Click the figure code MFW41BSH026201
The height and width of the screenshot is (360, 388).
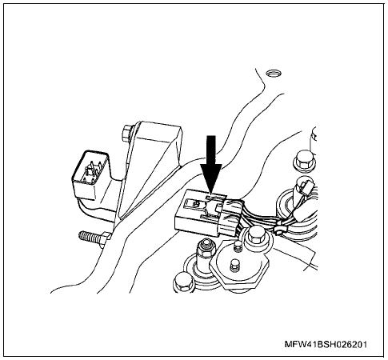326,344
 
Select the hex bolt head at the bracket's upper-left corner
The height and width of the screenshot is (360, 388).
127,133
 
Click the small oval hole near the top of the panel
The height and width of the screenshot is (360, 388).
274,73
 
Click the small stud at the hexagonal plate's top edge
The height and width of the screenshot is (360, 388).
237,246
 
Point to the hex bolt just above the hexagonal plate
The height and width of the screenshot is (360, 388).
255,235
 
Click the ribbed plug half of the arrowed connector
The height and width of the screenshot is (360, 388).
230,216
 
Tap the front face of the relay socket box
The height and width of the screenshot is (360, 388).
83,190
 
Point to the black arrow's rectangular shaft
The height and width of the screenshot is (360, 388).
211,150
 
